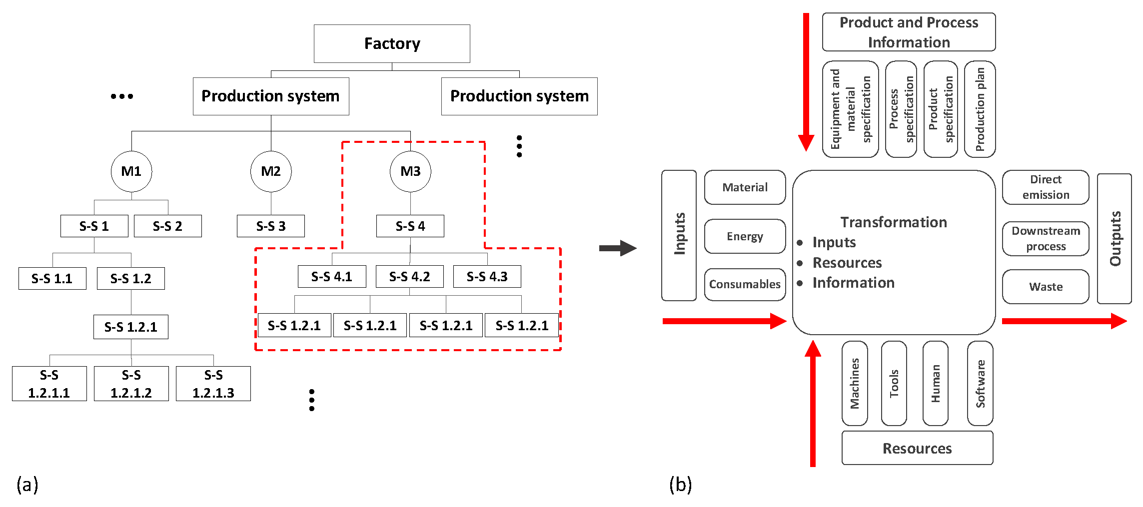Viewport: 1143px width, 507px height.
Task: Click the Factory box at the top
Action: [392, 43]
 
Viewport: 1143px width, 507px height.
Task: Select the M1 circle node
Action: [131, 171]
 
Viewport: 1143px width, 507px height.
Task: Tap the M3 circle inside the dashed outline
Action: [410, 171]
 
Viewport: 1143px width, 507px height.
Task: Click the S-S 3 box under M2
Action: [270, 226]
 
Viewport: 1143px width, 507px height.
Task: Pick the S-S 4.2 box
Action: [409, 277]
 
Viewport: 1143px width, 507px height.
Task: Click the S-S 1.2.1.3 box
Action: [213, 384]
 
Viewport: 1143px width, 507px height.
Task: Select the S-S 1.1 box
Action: [52, 279]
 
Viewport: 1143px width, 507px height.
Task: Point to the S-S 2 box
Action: [167, 226]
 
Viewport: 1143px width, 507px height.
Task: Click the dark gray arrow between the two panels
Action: [618, 248]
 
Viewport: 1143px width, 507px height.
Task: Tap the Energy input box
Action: [745, 236]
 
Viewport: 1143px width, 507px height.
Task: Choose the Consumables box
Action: [745, 284]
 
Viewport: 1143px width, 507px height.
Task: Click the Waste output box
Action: [1046, 287]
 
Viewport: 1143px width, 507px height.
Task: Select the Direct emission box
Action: [1046, 187]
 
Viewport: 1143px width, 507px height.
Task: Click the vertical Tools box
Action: [894, 383]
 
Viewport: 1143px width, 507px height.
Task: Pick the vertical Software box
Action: [980, 383]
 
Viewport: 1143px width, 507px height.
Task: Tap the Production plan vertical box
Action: [980, 109]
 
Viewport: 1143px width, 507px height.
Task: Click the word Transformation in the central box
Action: [894, 222]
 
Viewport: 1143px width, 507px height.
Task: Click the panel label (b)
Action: [680, 485]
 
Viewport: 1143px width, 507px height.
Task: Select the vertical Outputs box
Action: [1115, 239]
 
